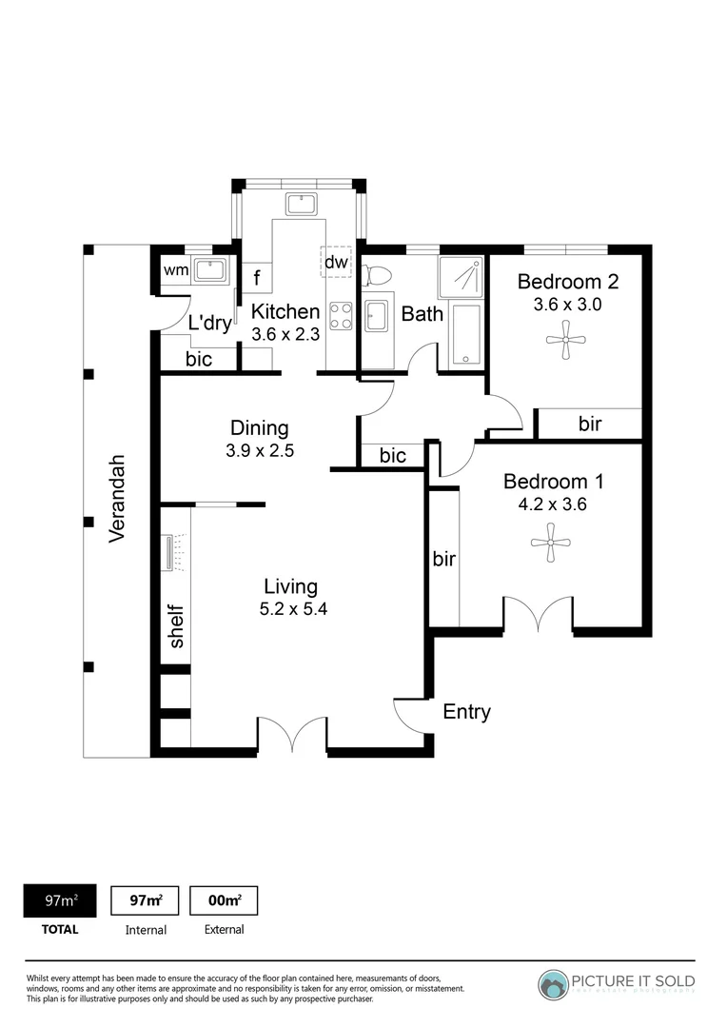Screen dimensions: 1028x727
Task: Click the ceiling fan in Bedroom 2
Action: click(565, 339)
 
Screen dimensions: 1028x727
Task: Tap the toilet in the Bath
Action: click(378, 274)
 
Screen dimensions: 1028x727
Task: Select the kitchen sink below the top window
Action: click(302, 204)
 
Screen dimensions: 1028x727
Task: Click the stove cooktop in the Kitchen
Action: click(341, 314)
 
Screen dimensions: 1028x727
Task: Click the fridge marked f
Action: click(257, 279)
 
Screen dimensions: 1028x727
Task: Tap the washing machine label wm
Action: click(175, 270)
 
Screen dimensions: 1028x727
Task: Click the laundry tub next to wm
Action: click(209, 269)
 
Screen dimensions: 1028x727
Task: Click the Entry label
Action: click(466, 712)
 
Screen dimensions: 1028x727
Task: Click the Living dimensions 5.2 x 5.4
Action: click(293, 610)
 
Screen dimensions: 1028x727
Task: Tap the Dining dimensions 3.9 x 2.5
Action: click(260, 451)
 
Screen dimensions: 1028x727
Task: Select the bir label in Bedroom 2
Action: click(590, 424)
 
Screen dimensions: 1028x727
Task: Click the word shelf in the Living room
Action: click(176, 626)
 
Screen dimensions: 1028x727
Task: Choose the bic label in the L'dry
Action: click(199, 359)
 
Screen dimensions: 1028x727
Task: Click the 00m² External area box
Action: click(224, 900)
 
